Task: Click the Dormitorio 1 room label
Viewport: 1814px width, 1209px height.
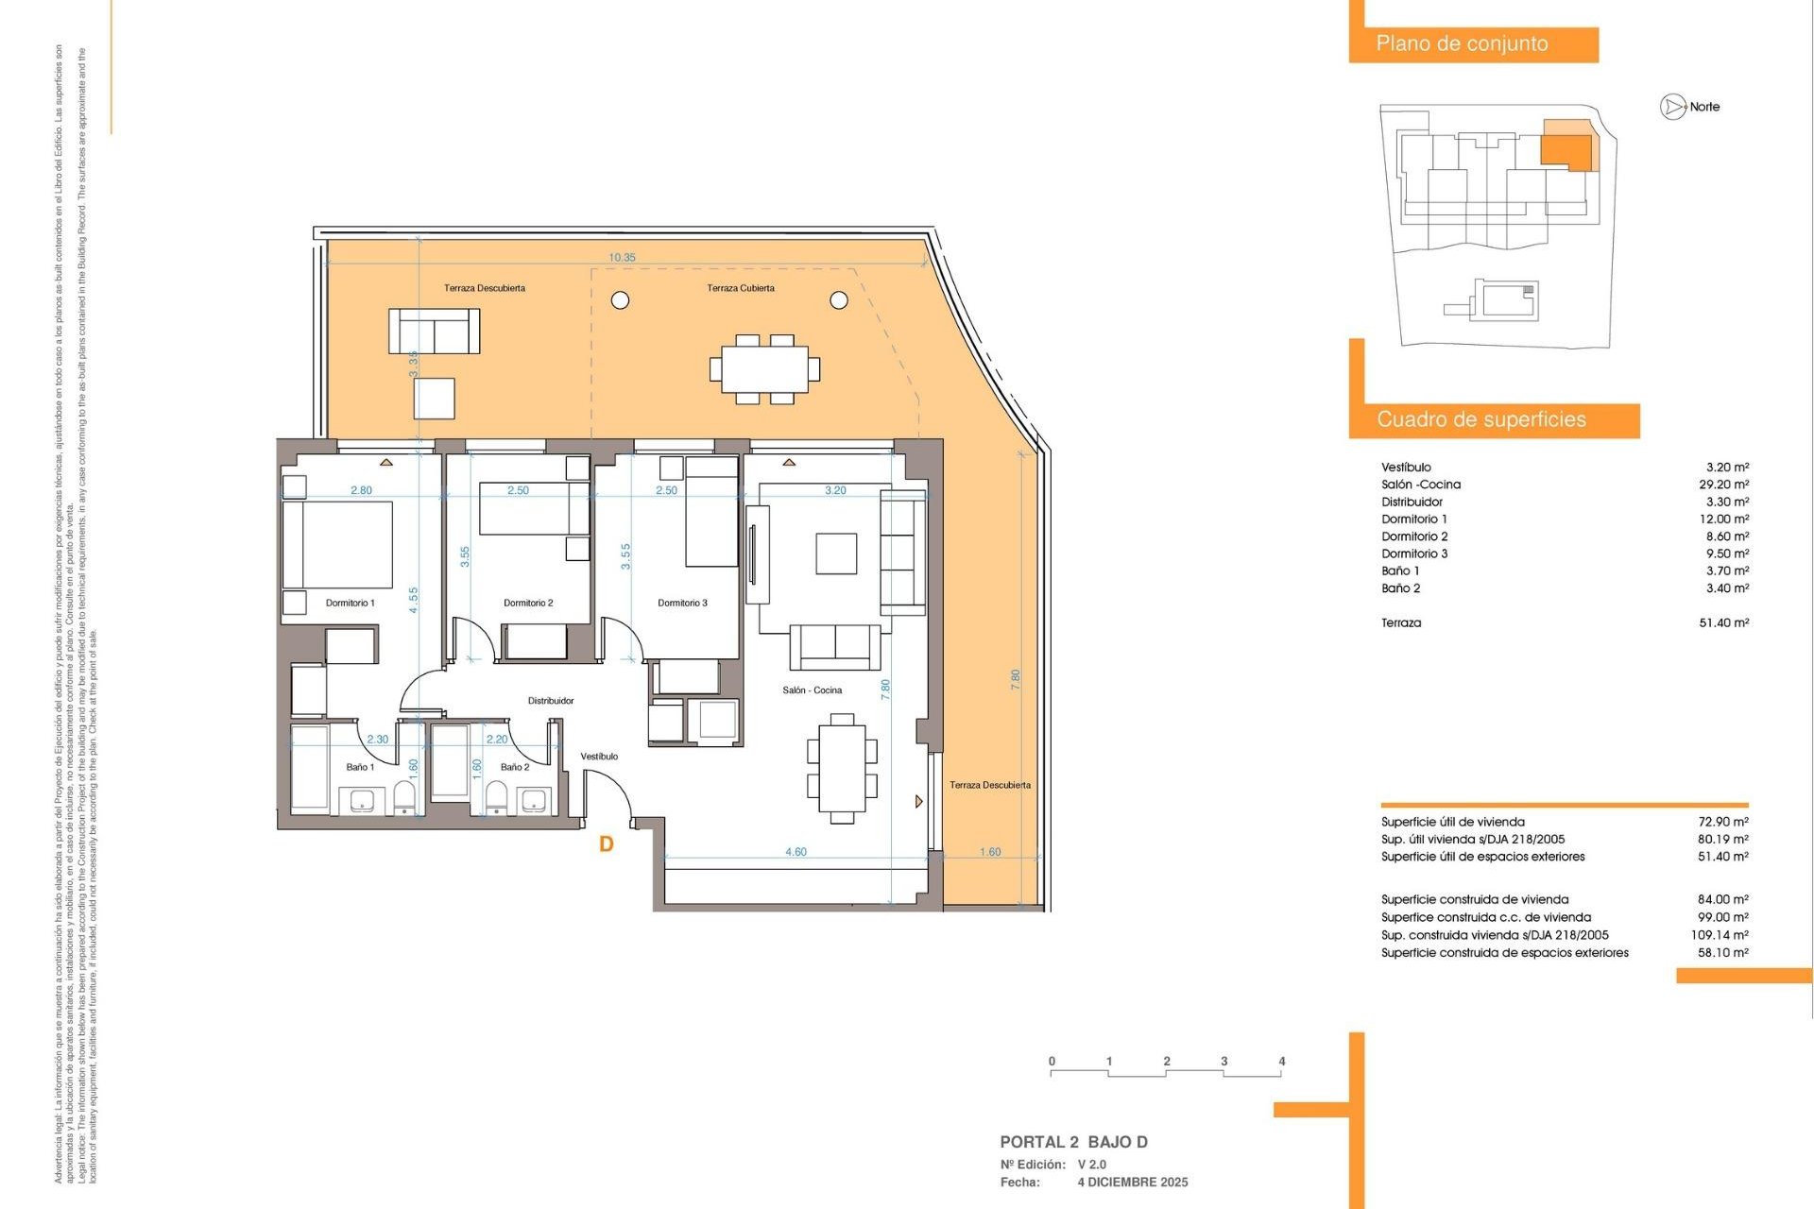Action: pos(350,603)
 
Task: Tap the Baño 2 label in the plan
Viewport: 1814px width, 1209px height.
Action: pos(515,767)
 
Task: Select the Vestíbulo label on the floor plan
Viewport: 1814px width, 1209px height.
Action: pos(599,757)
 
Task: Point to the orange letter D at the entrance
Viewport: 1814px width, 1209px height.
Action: pos(607,844)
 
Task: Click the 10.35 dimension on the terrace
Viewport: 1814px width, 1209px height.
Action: pos(622,258)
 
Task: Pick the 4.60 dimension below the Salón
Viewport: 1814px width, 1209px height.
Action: pos(796,852)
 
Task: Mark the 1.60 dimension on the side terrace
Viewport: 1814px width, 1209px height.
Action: pos(989,852)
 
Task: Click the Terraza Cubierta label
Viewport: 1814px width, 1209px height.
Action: pos(741,288)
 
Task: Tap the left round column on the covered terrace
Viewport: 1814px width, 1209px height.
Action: pos(620,300)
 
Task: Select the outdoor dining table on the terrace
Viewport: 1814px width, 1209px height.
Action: pos(764,368)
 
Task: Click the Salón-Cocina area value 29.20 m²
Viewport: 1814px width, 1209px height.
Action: pos(1723,485)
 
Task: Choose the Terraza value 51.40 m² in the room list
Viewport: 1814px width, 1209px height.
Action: pos(1723,622)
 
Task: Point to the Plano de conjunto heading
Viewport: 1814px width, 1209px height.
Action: pos(1462,43)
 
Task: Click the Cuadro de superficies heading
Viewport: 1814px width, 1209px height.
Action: pos(1480,419)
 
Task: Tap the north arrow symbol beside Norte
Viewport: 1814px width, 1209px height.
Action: pos(1672,107)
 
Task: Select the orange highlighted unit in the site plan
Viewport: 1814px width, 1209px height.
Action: pos(1566,150)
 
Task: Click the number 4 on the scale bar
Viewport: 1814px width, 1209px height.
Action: pos(1281,1062)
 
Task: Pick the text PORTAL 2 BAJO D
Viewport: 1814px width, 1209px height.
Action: pos(1073,1142)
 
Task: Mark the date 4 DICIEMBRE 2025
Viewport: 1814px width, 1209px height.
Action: pos(1133,1183)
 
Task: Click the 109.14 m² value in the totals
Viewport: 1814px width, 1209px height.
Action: pos(1719,935)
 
